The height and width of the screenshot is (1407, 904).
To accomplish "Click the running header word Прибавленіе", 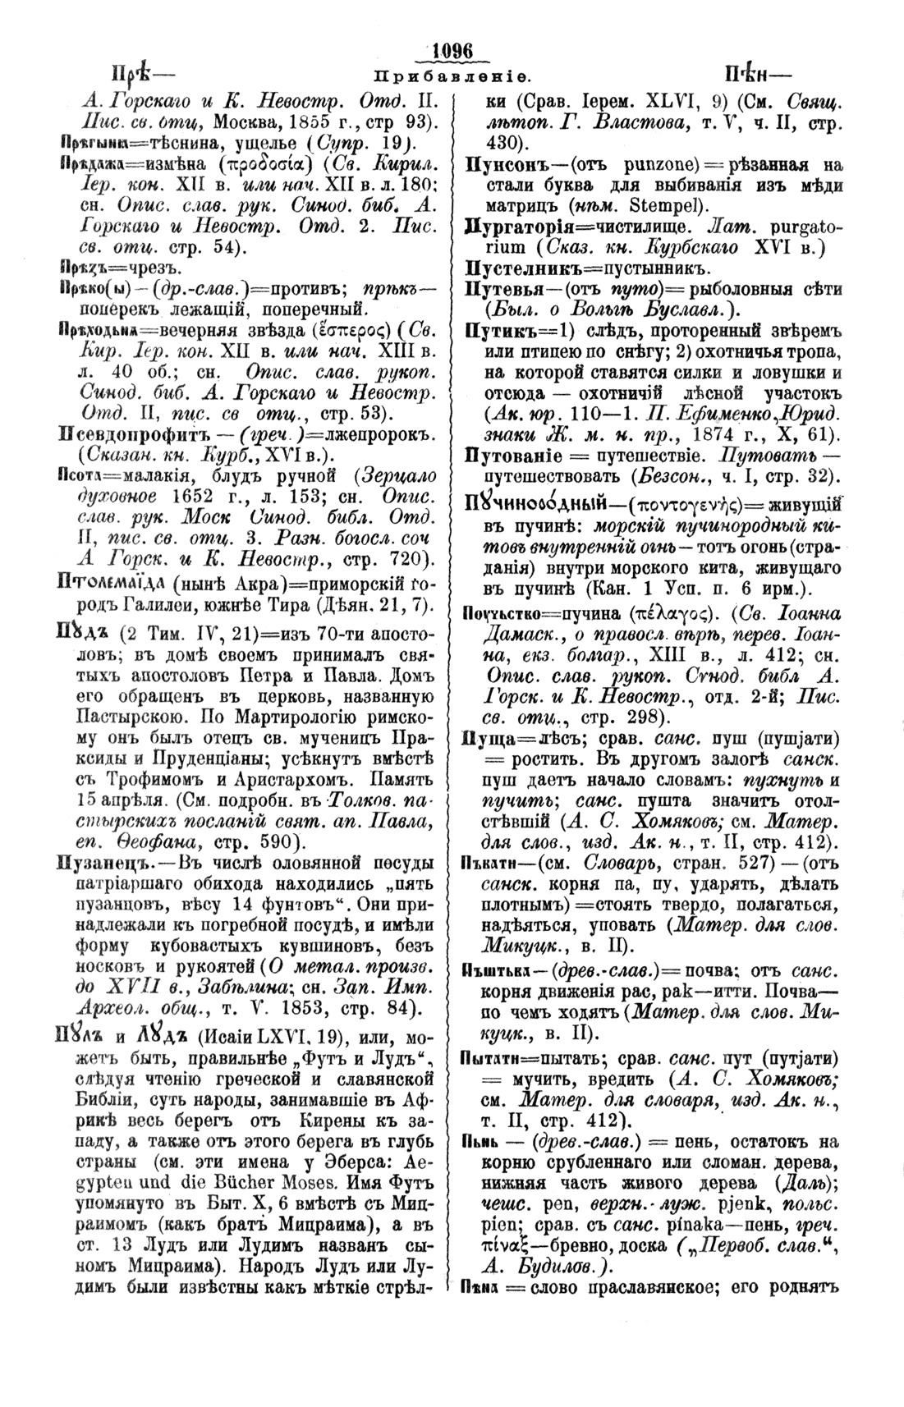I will tap(452, 76).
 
